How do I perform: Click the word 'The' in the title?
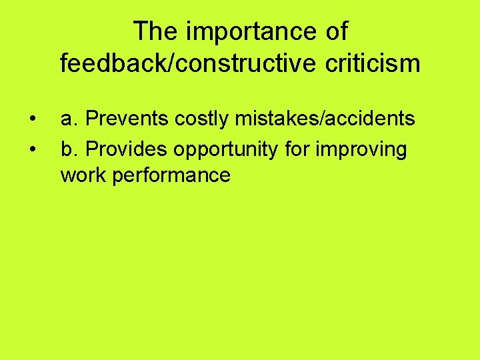click(x=154, y=31)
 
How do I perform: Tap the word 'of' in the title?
click(x=335, y=31)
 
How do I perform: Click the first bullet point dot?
click(x=33, y=120)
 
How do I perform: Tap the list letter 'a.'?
click(x=70, y=119)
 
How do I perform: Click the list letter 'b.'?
click(x=70, y=150)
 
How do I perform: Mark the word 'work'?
click(x=83, y=175)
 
